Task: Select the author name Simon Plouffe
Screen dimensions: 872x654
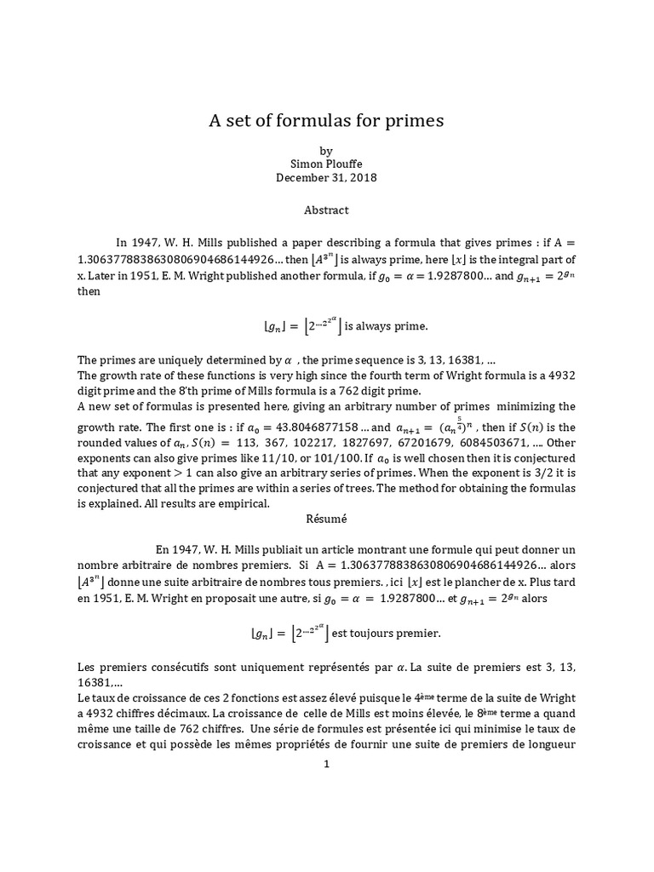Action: click(326, 164)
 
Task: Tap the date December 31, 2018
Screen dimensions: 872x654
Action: click(326, 178)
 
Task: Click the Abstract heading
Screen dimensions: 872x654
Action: click(326, 209)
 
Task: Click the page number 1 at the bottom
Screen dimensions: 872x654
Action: click(326, 765)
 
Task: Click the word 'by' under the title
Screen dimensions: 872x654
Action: click(326, 150)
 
